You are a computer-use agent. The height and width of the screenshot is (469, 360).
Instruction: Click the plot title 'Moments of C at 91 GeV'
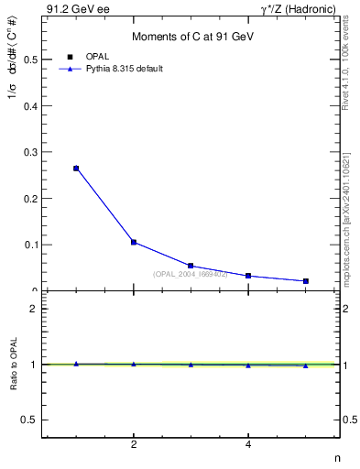[191, 37]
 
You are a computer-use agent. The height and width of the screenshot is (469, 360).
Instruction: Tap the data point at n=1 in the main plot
[76, 169]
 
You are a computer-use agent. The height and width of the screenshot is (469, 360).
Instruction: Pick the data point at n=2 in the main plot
[134, 242]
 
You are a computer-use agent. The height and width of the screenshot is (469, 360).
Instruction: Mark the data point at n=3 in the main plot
[191, 266]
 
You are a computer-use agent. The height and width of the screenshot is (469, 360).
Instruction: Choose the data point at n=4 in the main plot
[248, 276]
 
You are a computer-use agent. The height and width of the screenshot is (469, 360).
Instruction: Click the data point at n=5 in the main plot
[305, 281]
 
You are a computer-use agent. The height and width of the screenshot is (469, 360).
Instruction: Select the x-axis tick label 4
[248, 445]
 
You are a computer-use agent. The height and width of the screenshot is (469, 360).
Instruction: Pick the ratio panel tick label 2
[33, 309]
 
